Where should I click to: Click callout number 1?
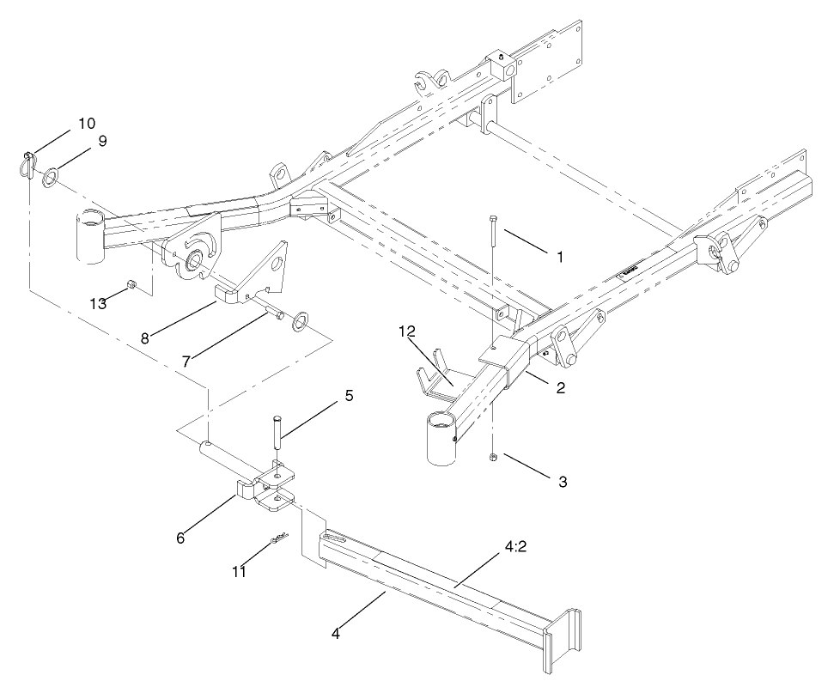(560, 256)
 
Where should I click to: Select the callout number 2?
(560, 387)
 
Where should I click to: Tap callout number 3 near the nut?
(563, 483)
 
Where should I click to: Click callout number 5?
(349, 397)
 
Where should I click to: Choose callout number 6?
(180, 538)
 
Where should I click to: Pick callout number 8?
(144, 337)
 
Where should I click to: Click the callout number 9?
(102, 141)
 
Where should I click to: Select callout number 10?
(87, 123)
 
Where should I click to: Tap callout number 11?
(240, 571)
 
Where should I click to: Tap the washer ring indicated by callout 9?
(50, 178)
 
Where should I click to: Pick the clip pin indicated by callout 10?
(27, 164)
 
